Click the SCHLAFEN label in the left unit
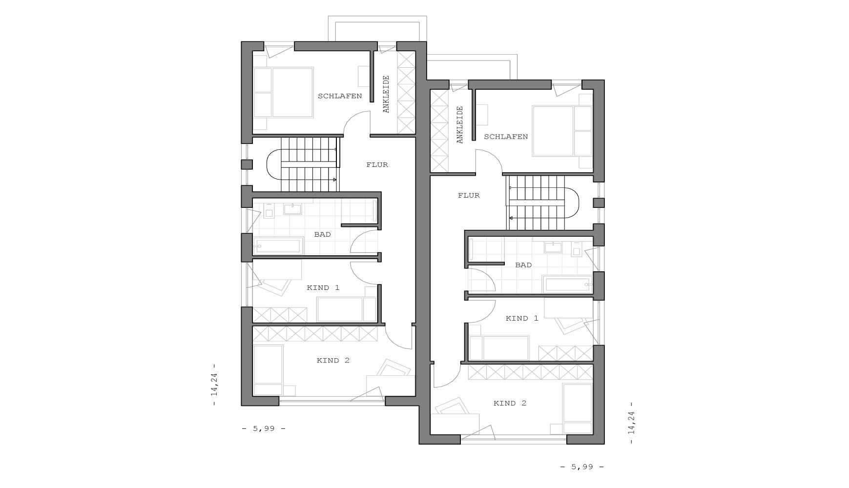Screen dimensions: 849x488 click(x=340, y=96)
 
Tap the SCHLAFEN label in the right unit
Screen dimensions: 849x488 click(x=506, y=137)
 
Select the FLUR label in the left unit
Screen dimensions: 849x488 click(x=377, y=165)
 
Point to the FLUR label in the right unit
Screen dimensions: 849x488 click(x=469, y=196)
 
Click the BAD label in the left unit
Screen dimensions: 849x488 click(x=322, y=235)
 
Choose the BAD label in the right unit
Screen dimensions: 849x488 click(x=523, y=265)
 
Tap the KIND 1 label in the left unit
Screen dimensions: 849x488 click(x=323, y=288)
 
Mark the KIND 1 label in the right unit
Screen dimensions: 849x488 click(x=522, y=319)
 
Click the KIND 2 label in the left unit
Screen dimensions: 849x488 click(x=333, y=361)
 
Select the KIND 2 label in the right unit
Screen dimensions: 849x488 click(x=510, y=404)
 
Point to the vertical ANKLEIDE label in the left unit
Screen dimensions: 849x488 click(x=386, y=94)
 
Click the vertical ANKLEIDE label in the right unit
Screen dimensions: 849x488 click(x=459, y=125)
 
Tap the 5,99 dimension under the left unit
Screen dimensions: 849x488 click(x=264, y=429)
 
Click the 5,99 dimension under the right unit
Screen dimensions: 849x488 click(x=582, y=467)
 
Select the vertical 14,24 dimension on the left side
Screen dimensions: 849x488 click(x=214, y=385)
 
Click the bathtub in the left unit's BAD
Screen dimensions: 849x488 click(x=277, y=246)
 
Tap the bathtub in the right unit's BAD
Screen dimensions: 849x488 click(x=568, y=285)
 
